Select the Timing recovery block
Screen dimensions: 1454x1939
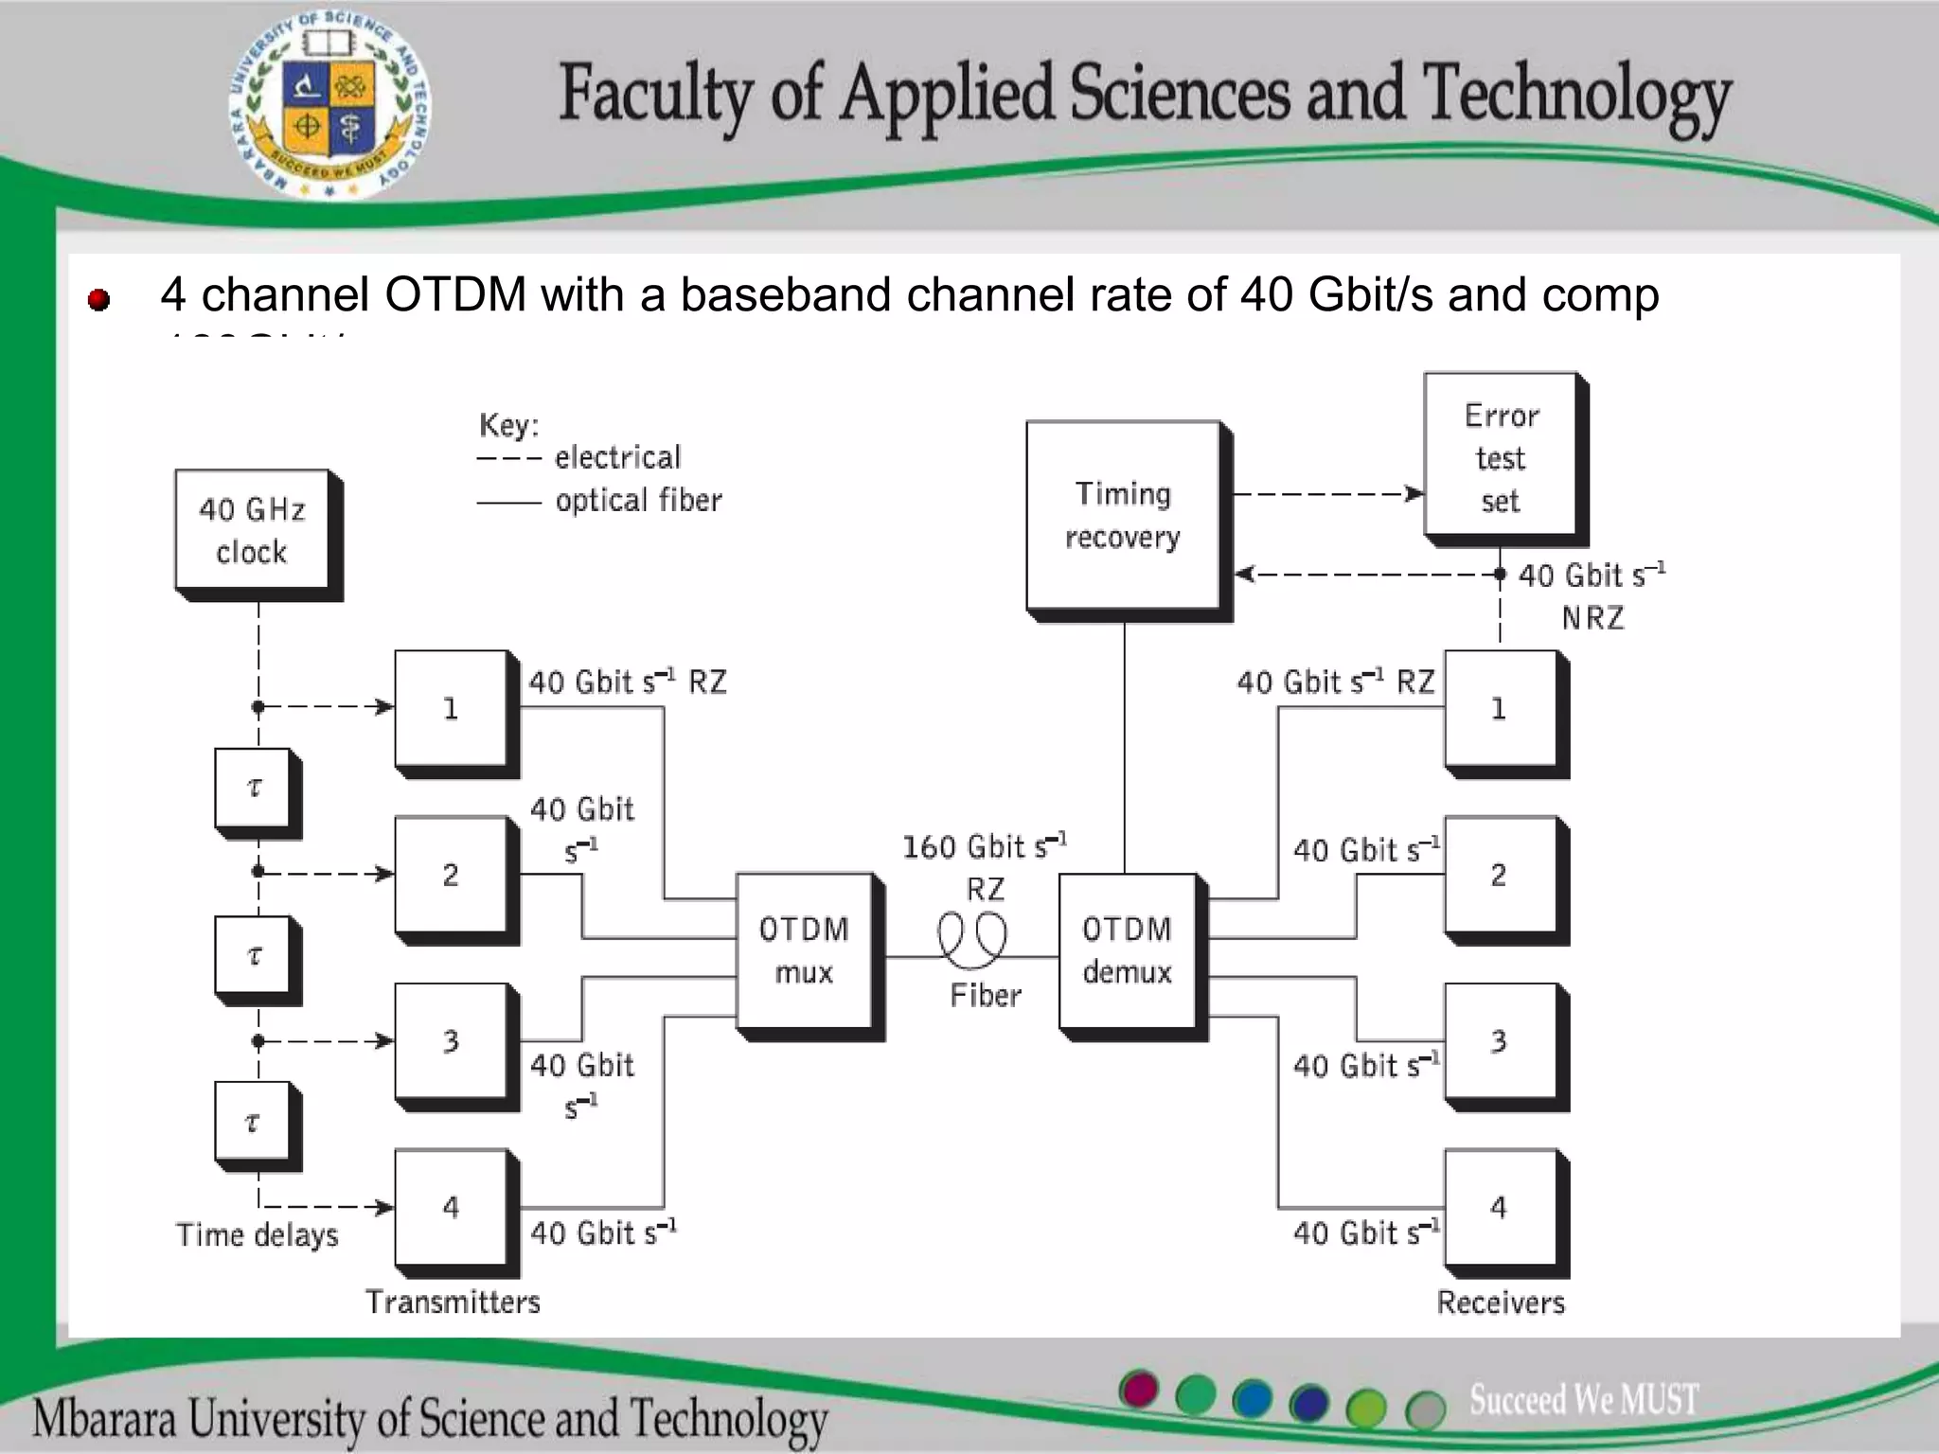point(1123,515)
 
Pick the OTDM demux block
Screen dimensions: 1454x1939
point(1127,950)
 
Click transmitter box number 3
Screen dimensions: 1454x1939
point(451,1041)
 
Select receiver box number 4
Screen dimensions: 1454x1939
point(1500,1208)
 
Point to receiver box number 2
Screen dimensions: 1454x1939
point(1500,875)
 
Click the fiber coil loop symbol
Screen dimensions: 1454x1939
point(972,941)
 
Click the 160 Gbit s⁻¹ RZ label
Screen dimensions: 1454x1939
point(985,865)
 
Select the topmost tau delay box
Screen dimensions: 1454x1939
point(253,788)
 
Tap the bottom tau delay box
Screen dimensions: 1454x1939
point(253,1122)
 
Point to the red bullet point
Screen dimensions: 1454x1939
point(98,300)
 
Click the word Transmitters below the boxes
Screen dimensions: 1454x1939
point(453,1303)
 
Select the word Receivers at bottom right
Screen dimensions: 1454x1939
point(1501,1303)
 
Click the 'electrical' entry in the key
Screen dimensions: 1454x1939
point(617,458)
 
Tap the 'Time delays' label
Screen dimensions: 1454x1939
point(257,1235)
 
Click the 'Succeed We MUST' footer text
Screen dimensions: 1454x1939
point(1583,1399)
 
